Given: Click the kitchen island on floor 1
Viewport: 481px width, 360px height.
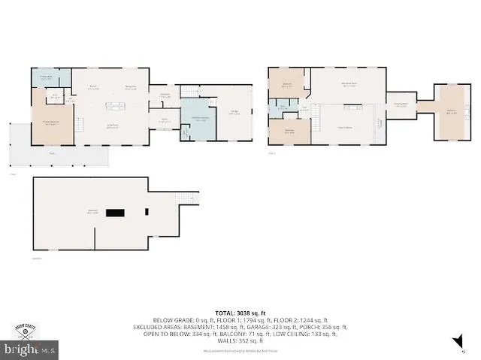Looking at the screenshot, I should (x=116, y=106).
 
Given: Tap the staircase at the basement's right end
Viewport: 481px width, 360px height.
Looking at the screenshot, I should (x=188, y=198).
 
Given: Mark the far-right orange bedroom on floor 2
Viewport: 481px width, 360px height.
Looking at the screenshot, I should (x=452, y=112).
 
